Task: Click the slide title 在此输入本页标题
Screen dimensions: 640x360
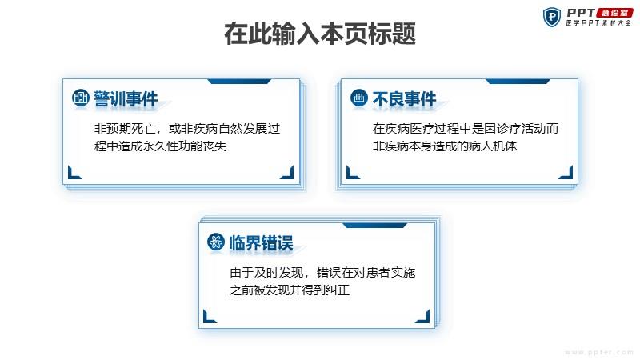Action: [x=320, y=34]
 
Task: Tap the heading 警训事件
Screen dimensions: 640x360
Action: [x=126, y=98]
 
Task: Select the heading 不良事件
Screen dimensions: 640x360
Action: [x=404, y=98]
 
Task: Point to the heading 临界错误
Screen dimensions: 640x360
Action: [x=262, y=243]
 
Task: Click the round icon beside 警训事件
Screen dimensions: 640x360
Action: [x=81, y=98]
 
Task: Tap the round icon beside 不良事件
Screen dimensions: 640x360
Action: [x=358, y=98]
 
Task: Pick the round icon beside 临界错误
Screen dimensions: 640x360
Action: [x=215, y=242]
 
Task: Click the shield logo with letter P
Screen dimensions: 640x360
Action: [x=552, y=17]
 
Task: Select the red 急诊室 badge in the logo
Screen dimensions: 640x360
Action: [x=614, y=13]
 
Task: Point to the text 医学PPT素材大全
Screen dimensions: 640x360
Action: [x=598, y=23]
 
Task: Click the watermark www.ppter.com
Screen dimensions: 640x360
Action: [x=598, y=352]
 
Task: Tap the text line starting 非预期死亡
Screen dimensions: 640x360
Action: [x=187, y=129]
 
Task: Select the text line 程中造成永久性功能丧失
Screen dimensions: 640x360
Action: [x=161, y=146]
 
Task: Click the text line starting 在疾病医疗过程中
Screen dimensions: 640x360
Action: [x=466, y=129]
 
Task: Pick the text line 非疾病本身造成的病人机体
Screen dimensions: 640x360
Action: [x=445, y=146]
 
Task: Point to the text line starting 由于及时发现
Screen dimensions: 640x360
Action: [x=322, y=272]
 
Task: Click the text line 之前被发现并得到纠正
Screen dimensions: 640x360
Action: [x=290, y=290]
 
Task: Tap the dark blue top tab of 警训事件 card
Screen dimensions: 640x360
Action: [x=239, y=82]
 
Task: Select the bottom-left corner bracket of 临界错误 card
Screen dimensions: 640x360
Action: [x=210, y=316]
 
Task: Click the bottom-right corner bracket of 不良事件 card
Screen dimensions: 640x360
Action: [x=566, y=172]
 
